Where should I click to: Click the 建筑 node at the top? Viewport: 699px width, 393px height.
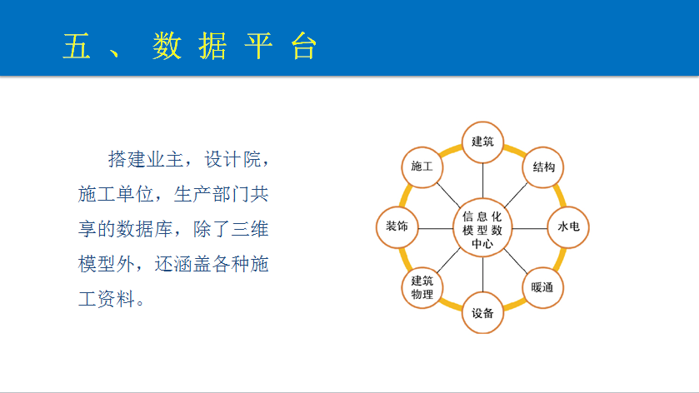pos(482,142)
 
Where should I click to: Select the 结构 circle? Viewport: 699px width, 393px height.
pos(543,167)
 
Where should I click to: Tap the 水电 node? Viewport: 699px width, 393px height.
pos(568,227)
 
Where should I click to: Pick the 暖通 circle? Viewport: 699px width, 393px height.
pos(543,287)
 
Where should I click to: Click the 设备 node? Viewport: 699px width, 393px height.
pos(482,313)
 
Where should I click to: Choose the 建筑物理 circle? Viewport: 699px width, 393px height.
pos(422,287)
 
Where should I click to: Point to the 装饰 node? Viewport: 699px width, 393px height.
pos(397,227)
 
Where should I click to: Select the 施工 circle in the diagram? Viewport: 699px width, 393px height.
pos(422,167)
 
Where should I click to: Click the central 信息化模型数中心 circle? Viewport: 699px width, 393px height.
pos(482,228)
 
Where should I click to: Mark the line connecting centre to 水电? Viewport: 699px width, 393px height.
pos(530,229)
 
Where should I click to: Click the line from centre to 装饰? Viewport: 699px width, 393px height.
pos(436,229)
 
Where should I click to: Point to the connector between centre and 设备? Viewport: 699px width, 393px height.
pos(482,275)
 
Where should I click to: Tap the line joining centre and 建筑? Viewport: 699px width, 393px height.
pos(482,181)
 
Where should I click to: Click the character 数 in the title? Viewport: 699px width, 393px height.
pos(167,46)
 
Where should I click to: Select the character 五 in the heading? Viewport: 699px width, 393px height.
pos(77,46)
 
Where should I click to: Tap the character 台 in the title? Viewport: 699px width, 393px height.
pos(303,46)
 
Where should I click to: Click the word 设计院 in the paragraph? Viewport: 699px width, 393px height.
pos(232,159)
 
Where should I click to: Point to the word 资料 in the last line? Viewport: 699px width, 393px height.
pos(116,299)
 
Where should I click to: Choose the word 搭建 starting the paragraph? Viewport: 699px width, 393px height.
pos(127,159)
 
